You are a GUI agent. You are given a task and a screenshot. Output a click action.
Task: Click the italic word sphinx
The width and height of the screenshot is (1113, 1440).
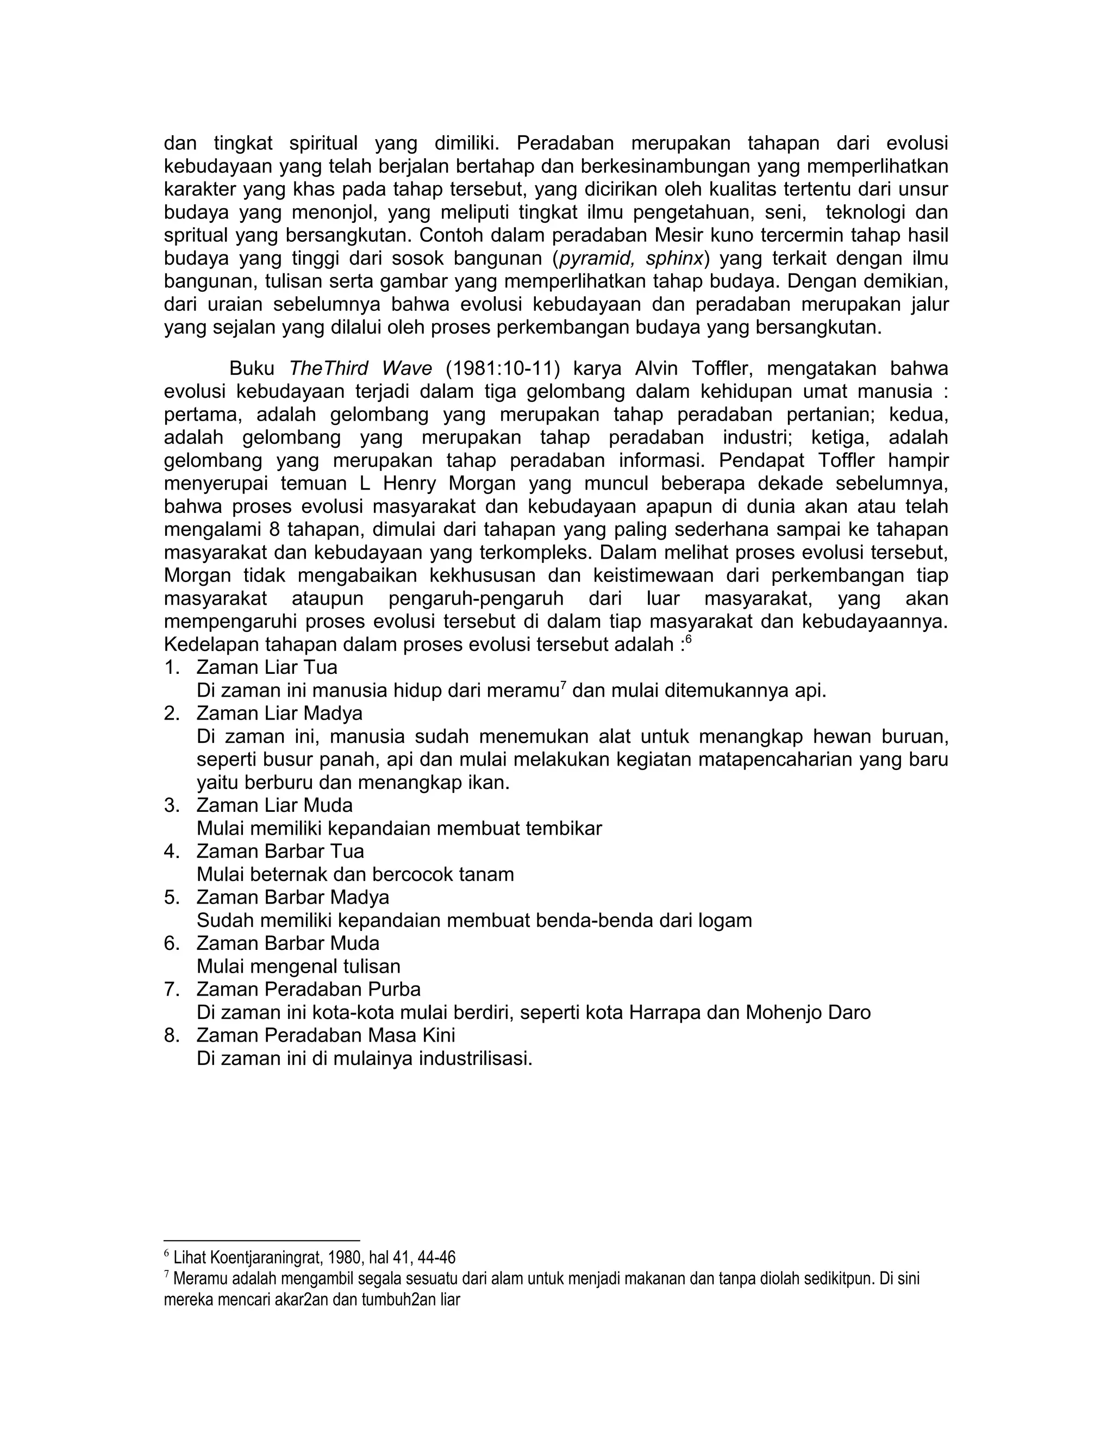(x=674, y=259)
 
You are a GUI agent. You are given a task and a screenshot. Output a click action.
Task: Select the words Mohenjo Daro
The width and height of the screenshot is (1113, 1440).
(x=808, y=1013)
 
